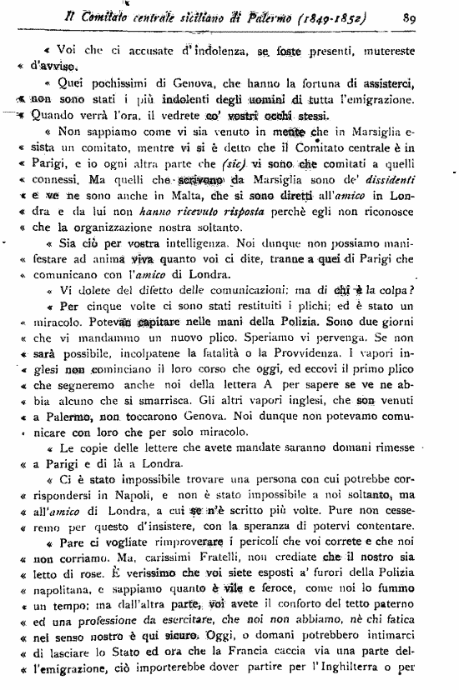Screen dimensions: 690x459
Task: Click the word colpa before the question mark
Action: click(402, 292)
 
